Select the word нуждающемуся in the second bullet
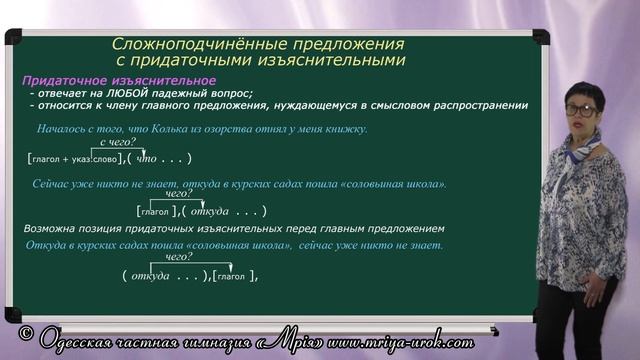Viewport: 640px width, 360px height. [345, 105]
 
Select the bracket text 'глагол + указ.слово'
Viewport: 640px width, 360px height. [74, 158]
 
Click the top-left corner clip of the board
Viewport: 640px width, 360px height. [13, 37]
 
